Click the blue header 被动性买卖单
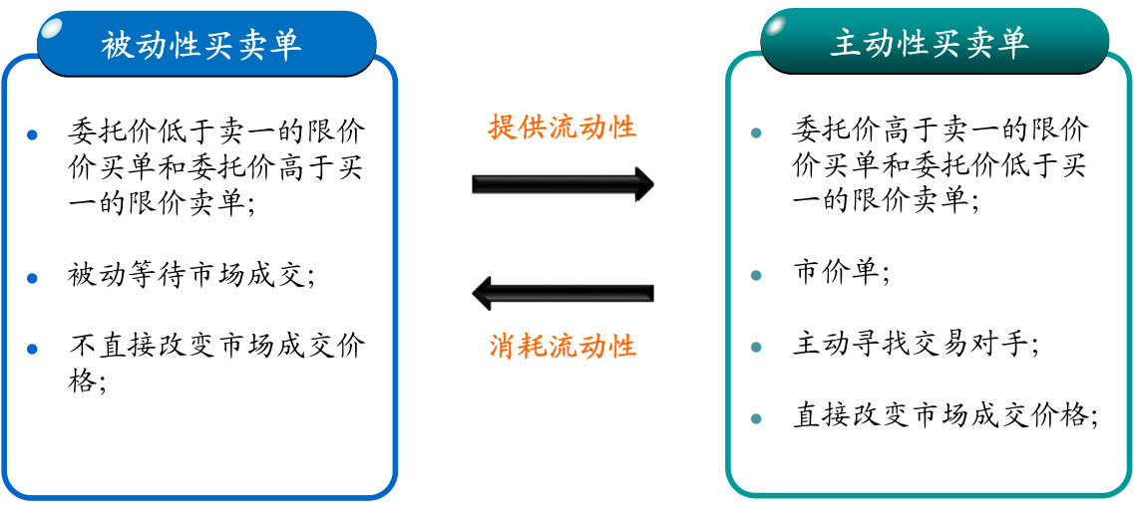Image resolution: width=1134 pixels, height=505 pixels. pyautogui.click(x=202, y=45)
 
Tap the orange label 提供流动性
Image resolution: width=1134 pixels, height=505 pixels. pyautogui.click(x=563, y=127)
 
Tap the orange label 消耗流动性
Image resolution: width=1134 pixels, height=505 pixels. pyautogui.click(x=563, y=346)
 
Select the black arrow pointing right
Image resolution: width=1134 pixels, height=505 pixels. pyautogui.click(x=563, y=184)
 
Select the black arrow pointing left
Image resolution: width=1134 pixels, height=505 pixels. pyautogui.click(x=563, y=294)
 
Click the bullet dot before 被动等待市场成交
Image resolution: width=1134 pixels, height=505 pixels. pyautogui.click(x=33, y=276)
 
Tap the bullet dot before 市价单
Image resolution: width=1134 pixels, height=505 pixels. pyautogui.click(x=756, y=275)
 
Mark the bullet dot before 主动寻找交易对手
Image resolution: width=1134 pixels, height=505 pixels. pyautogui.click(x=756, y=347)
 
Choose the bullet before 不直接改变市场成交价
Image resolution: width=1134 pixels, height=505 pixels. pyautogui.click(x=33, y=349)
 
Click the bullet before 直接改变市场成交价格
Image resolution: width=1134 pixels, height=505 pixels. pyautogui.click(x=756, y=417)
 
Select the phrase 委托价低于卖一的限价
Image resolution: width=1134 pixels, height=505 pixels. pyautogui.click(x=216, y=130)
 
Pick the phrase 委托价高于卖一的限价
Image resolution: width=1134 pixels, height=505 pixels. pyautogui.click(x=941, y=130)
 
